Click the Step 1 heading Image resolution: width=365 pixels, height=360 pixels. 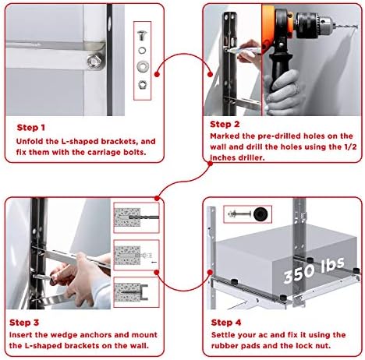[x=31, y=128]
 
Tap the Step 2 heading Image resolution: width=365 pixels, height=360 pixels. [x=225, y=124]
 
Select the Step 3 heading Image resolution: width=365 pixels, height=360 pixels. [x=24, y=323]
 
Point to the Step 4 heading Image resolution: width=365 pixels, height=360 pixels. [x=226, y=323]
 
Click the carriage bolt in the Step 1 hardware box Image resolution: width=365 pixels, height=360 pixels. [x=142, y=34]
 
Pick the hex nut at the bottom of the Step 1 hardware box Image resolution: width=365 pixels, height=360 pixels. [x=142, y=84]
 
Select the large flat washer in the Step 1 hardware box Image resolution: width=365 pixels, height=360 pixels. [x=143, y=65]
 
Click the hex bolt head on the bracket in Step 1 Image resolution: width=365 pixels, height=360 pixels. [x=94, y=62]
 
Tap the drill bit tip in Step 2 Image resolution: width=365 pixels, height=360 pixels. [x=356, y=26]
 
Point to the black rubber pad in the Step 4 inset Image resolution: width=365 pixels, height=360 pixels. [x=260, y=214]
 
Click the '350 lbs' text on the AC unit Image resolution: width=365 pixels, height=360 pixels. [x=314, y=270]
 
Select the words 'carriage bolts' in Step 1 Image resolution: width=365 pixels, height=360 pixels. [x=117, y=152]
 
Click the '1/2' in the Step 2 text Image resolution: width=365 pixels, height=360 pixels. [x=350, y=146]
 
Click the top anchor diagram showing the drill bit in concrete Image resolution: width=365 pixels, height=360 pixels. [x=136, y=217]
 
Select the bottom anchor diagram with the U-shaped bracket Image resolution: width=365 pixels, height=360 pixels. [x=136, y=292]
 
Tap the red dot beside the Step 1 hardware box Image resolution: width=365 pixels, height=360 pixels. [x=157, y=74]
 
